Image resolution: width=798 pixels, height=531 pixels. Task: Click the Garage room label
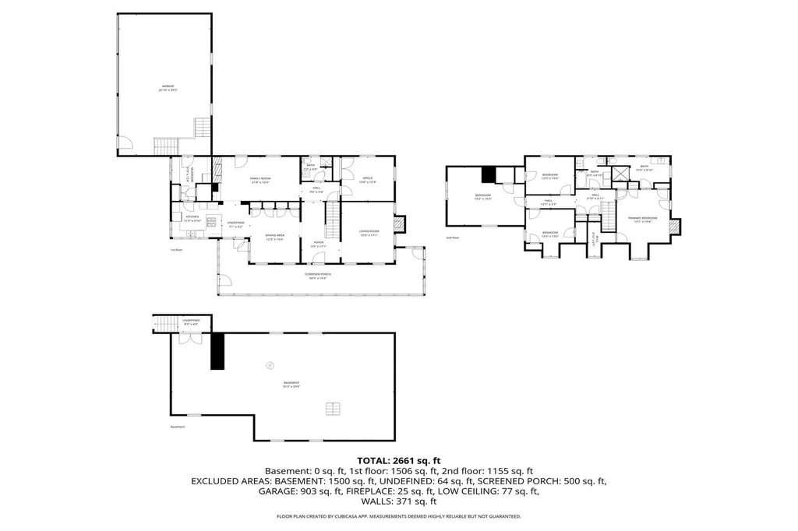point(168,88)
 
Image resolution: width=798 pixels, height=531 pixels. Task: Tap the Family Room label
point(260,181)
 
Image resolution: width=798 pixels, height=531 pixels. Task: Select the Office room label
point(368,181)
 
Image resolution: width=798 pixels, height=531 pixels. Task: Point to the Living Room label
point(368,234)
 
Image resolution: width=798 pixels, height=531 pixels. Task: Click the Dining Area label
point(274,237)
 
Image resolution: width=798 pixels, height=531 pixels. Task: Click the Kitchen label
point(192,219)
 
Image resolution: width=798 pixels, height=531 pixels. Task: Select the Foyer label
point(319,244)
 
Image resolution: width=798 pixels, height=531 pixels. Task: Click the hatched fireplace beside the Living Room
point(401,224)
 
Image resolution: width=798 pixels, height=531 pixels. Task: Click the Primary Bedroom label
point(643,220)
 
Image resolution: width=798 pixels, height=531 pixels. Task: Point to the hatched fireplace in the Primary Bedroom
point(674,226)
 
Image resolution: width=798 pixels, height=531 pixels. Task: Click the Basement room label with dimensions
point(291,384)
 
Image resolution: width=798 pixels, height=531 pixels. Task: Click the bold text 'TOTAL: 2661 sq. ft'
point(399,461)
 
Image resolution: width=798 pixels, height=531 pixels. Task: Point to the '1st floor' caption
point(176,250)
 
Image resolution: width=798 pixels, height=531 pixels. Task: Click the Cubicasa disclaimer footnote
point(399,516)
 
